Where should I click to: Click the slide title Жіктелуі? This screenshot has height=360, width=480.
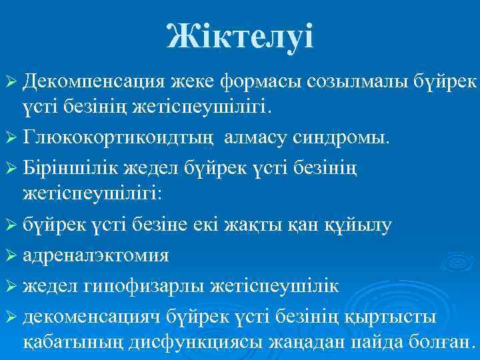(240, 35)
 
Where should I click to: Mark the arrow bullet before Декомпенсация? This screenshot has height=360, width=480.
(11, 81)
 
